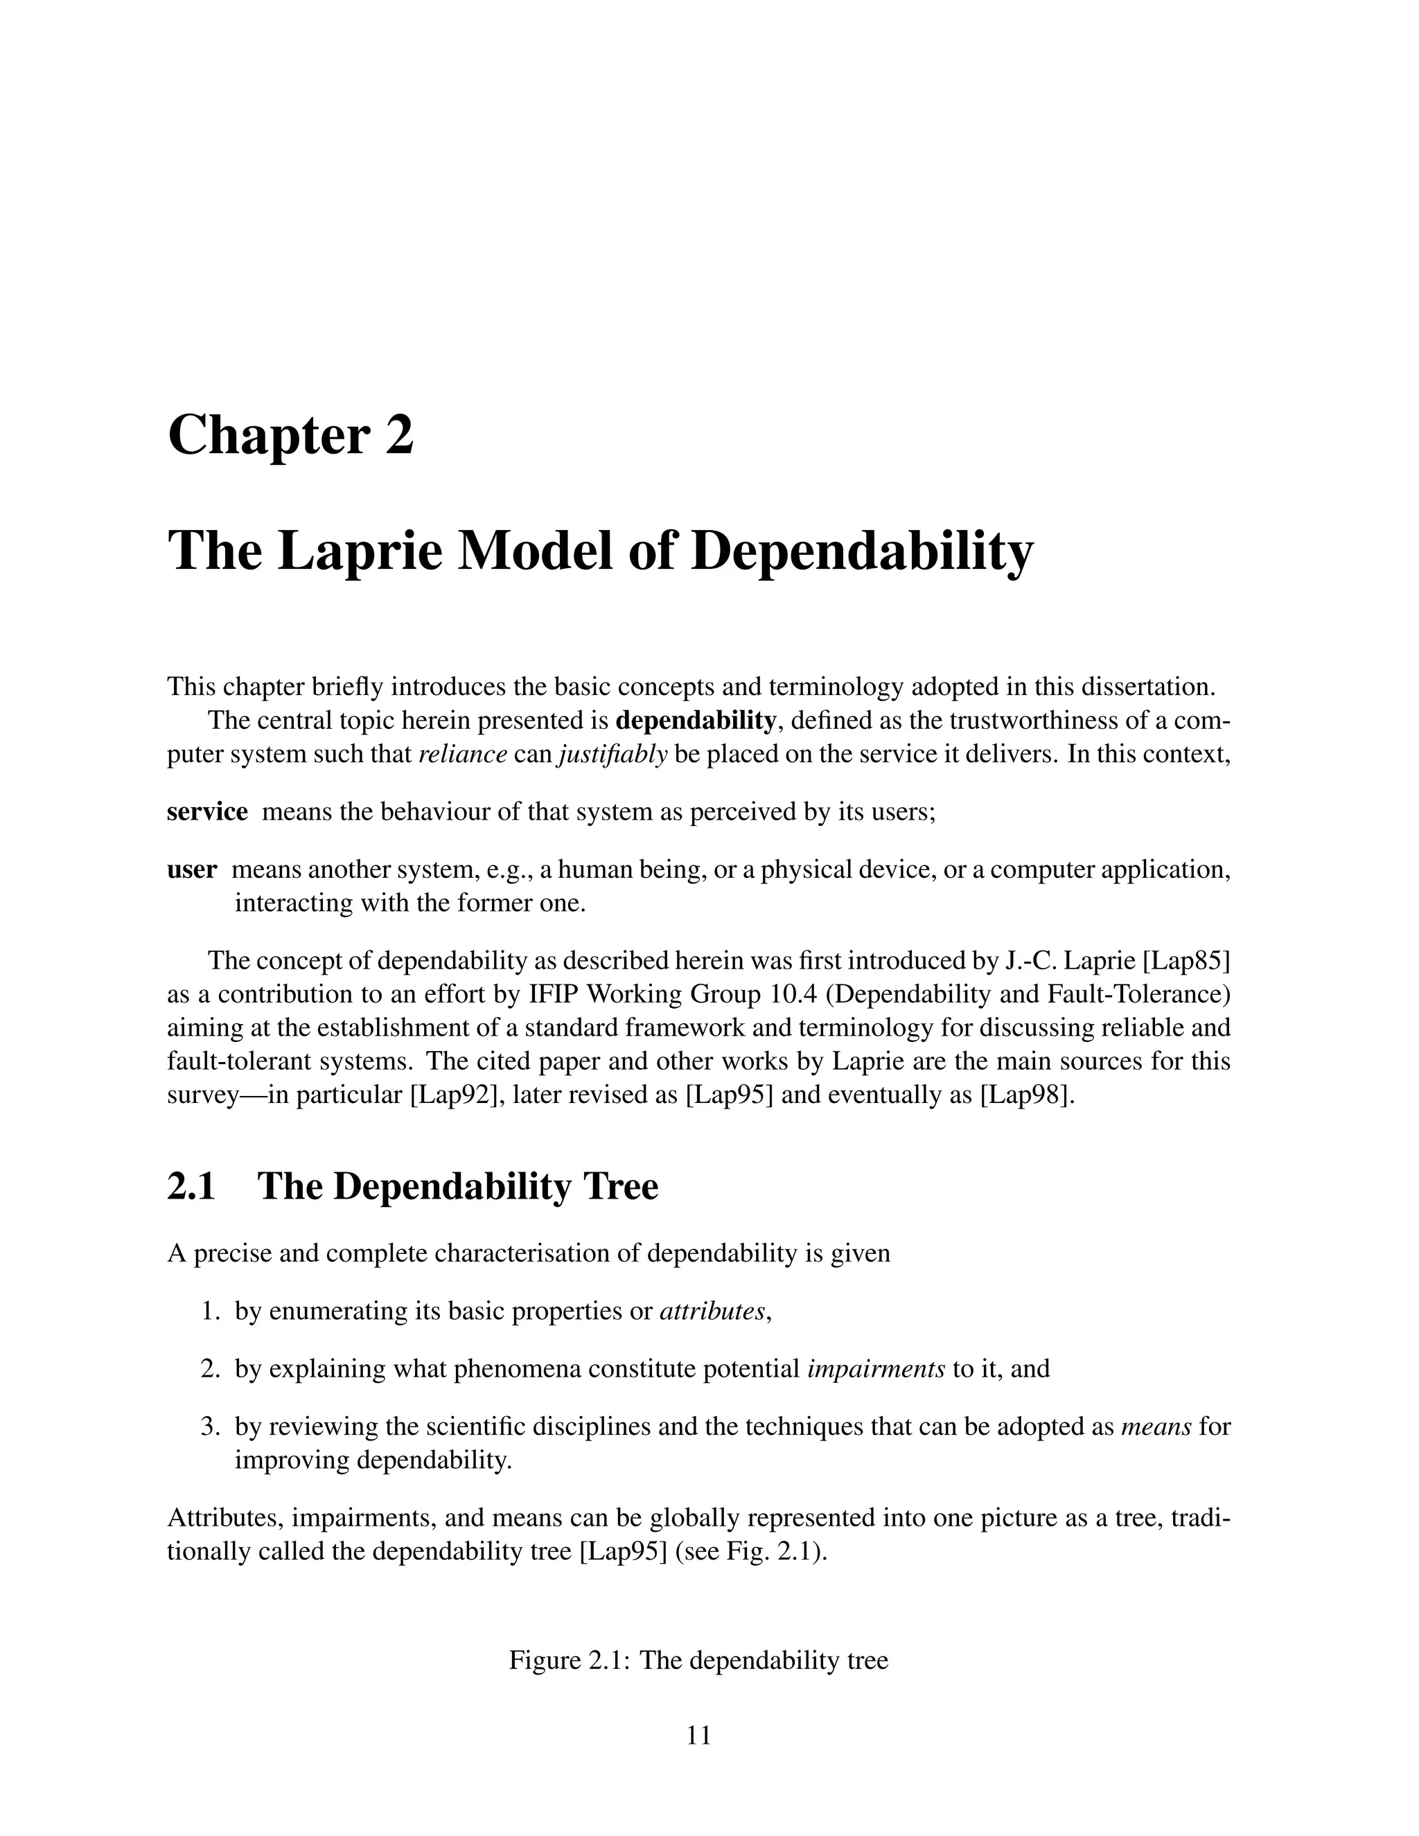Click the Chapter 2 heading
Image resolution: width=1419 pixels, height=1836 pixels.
click(x=291, y=436)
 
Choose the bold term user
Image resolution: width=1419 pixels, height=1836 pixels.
click(x=192, y=870)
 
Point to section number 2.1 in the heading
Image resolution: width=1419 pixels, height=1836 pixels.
click(x=192, y=1186)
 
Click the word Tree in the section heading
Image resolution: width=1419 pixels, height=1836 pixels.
click(x=619, y=1186)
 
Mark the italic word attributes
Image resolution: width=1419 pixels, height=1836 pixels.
click(x=713, y=1312)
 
